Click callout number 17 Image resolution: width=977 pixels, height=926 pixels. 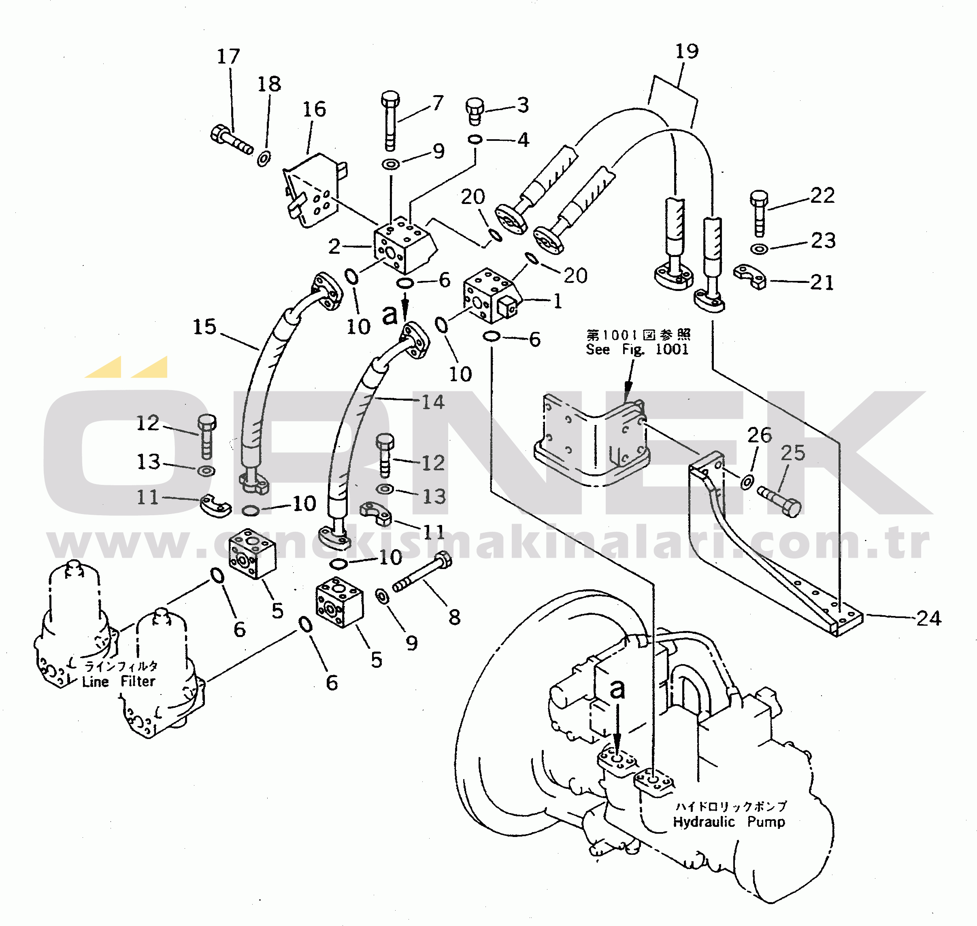coord(229,56)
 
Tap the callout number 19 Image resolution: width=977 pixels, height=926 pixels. coord(687,51)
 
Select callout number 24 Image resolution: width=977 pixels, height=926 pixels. coord(929,618)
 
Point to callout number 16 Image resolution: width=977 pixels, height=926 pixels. coord(314,109)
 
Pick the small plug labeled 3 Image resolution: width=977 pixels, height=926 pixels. coord(475,110)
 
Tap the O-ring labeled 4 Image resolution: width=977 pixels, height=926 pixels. coord(475,140)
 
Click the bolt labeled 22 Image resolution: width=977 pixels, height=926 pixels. coord(759,212)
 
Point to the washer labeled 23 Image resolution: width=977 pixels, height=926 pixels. coord(759,249)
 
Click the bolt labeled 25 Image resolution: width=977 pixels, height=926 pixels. coord(780,501)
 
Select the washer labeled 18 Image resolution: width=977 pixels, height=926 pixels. coord(264,158)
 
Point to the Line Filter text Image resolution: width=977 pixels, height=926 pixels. coord(119,682)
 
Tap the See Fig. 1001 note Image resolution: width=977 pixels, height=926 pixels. coord(637,349)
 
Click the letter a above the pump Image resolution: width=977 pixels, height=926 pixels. coord(617,688)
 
